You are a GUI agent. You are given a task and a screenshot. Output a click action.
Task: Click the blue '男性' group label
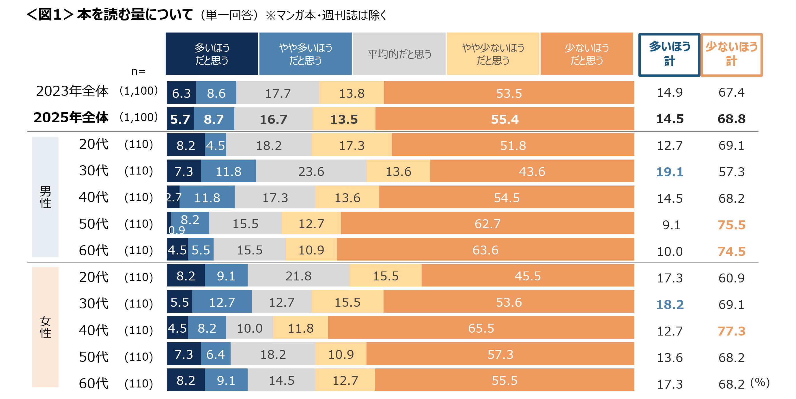click(45, 197)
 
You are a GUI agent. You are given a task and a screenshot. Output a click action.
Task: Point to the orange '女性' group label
click(45, 327)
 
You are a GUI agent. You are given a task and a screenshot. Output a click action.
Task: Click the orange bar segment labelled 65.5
click(481, 328)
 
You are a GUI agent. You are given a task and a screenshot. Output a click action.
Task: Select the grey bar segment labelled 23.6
click(311, 171)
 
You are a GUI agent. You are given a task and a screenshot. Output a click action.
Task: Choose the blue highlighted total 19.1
click(670, 172)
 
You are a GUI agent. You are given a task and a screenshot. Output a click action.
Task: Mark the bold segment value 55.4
click(504, 119)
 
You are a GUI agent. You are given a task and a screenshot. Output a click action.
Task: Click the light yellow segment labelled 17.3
click(352, 145)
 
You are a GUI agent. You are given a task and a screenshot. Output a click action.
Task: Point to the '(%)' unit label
click(760, 382)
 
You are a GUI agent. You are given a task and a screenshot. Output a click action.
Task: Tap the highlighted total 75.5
click(731, 225)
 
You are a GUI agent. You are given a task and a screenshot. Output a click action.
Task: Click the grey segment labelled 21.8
click(298, 276)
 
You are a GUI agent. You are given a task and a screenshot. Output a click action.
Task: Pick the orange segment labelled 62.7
click(487, 224)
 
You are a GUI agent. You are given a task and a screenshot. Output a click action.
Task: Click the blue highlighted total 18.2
click(670, 304)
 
